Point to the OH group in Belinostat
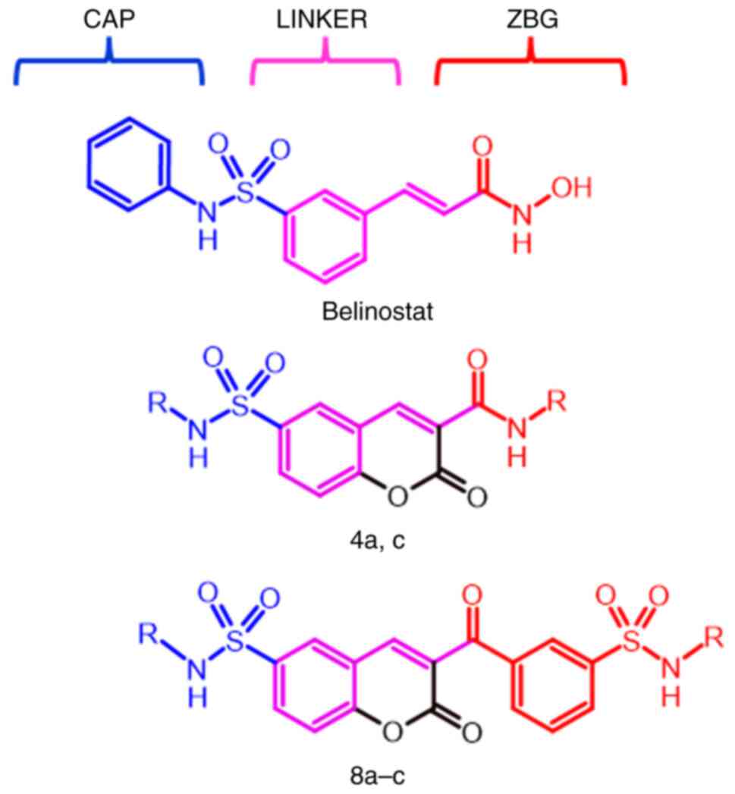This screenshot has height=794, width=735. coord(571,189)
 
